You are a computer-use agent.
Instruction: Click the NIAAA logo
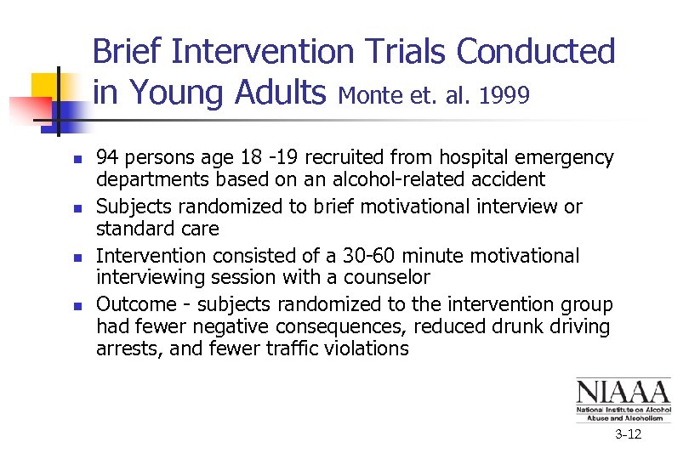[x=623, y=399]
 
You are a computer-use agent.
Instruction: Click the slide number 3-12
[x=629, y=435]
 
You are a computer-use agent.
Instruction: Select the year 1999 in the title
[x=504, y=95]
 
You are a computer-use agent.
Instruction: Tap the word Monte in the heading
[x=367, y=95]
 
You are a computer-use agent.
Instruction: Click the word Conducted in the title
[x=536, y=52]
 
